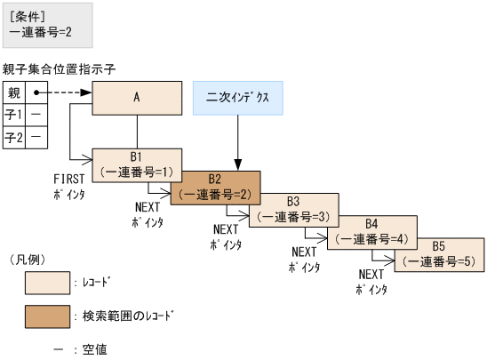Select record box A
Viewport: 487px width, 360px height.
click(137, 98)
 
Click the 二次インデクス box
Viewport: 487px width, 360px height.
click(237, 98)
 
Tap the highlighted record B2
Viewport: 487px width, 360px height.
click(215, 188)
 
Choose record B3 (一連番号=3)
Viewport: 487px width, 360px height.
click(293, 210)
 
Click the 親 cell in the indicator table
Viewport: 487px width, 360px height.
click(13, 92)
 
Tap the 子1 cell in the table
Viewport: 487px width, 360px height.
click(13, 115)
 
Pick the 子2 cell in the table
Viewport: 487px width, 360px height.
click(13, 138)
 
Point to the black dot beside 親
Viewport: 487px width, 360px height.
click(36, 92)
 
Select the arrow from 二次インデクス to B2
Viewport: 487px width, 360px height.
click(236, 142)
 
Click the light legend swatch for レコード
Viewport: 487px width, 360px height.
click(47, 283)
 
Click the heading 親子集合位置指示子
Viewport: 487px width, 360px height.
click(60, 68)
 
